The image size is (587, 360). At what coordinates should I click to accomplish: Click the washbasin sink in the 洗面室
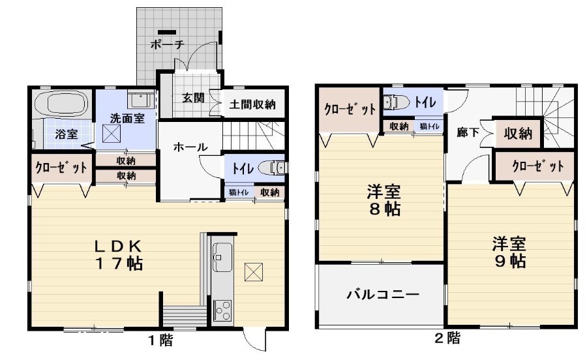click(x=140, y=100)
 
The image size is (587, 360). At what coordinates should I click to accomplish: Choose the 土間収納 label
click(x=251, y=104)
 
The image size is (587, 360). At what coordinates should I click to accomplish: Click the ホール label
click(x=190, y=147)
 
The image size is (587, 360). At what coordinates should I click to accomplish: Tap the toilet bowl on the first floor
click(x=273, y=168)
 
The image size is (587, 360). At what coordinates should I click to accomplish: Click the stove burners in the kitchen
click(x=220, y=309)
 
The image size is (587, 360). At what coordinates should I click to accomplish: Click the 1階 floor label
click(x=159, y=340)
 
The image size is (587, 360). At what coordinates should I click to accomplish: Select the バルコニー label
click(x=382, y=294)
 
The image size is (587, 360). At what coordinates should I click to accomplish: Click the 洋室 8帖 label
click(x=383, y=201)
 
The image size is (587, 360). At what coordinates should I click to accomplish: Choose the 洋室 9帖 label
click(x=509, y=252)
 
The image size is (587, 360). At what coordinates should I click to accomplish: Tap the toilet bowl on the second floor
click(x=395, y=102)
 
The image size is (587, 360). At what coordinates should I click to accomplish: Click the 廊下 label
click(x=468, y=132)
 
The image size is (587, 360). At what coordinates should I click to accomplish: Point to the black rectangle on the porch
click(x=166, y=31)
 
